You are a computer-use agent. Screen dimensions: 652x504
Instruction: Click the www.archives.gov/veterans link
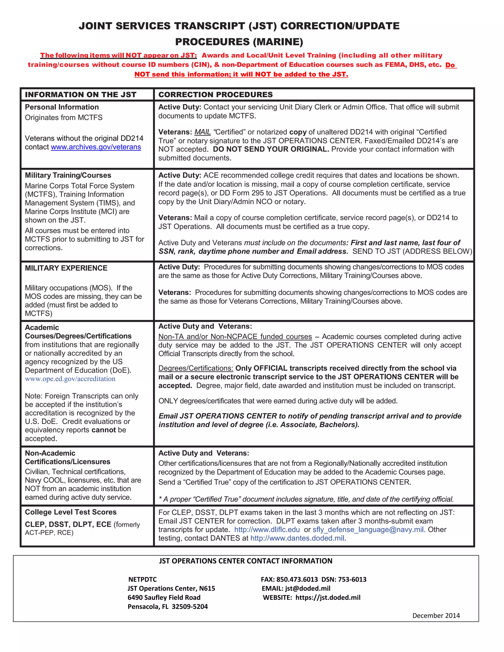pos(96,147)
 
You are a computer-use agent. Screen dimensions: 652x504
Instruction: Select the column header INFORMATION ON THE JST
pos(81,95)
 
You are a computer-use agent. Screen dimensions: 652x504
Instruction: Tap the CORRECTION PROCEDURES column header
pos(215,95)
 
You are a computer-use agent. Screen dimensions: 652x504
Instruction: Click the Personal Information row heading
pos(62,107)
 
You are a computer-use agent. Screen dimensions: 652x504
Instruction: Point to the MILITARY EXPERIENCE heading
pos(66,268)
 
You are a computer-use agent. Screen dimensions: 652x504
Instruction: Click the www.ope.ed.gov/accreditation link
pos(70,379)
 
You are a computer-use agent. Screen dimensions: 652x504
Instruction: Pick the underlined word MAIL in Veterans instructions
pos(203,132)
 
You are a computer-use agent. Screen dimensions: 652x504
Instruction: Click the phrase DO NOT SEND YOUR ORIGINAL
pos(271,149)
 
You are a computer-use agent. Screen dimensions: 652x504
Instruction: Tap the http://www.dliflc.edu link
pos(267,530)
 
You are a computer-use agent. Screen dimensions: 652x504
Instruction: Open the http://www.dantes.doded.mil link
pos(297,538)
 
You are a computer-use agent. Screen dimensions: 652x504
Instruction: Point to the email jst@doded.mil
pos(308,589)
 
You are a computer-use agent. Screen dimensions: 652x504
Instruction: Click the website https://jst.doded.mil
pos(328,597)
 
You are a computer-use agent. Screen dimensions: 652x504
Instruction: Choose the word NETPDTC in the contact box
pos(142,579)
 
